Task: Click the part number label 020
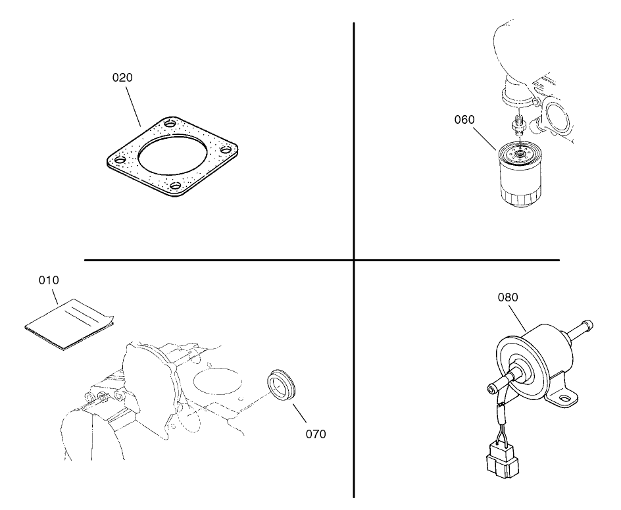tap(122, 78)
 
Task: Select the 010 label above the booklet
tap(49, 280)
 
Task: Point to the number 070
tap(316, 434)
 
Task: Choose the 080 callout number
tap(507, 297)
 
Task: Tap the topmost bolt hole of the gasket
tap(170, 124)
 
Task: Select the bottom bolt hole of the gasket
tap(175, 187)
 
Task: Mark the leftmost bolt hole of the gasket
tap(119, 160)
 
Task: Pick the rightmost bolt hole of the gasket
tap(226, 151)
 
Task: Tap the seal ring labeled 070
tap(282, 384)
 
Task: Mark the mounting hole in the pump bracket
tap(562, 397)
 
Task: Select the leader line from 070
tap(299, 411)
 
